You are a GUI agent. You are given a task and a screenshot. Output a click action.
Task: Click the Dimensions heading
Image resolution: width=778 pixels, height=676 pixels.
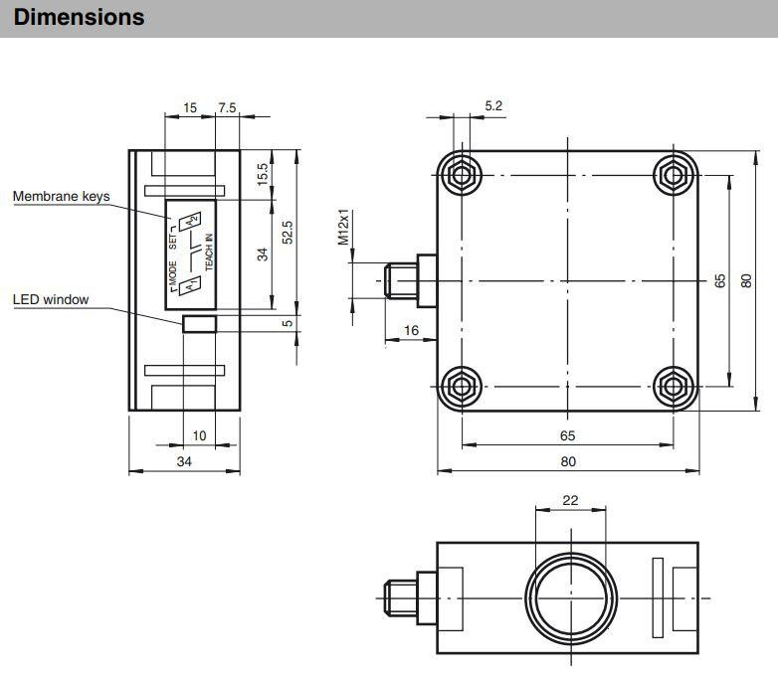pos(79,17)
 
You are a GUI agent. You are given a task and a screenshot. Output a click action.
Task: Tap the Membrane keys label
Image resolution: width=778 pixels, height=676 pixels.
pos(61,197)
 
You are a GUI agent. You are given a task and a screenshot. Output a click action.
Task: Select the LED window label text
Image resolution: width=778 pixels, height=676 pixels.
pos(51,299)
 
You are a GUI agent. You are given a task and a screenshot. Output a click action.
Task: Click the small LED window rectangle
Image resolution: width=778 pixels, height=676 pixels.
pos(199,324)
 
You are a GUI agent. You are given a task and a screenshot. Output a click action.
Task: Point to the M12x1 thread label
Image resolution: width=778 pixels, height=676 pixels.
pos(343,227)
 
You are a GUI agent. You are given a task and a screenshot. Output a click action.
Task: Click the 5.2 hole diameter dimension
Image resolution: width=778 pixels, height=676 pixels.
pos(493,105)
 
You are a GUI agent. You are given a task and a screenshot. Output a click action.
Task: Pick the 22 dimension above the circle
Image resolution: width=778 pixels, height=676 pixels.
pos(570,500)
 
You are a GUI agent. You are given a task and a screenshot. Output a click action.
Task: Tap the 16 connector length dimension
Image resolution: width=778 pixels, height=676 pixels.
pos(411,330)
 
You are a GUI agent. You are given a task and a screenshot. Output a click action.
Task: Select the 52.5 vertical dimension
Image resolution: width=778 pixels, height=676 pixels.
pos(288,232)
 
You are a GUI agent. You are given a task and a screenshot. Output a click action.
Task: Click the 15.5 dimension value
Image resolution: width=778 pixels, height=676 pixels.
pos(263,174)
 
